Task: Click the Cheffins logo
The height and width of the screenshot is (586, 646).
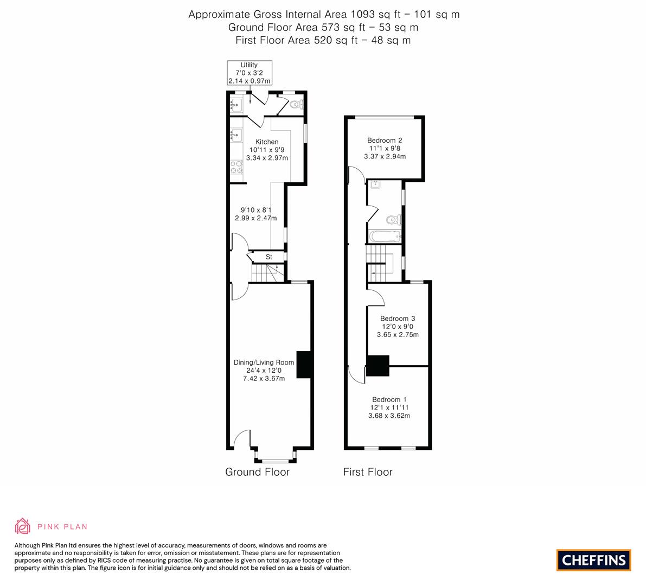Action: [x=593, y=560]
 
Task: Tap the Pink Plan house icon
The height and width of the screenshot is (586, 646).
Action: [x=23, y=526]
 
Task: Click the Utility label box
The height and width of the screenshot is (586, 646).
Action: [x=249, y=73]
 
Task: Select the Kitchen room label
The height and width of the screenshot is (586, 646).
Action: [x=266, y=142]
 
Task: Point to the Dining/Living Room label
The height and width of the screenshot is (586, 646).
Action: [x=264, y=362]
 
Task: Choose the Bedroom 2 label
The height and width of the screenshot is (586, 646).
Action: [x=385, y=140]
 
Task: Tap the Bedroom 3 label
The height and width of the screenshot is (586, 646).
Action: [x=398, y=319]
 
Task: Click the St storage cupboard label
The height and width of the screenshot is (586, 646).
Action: [x=268, y=257]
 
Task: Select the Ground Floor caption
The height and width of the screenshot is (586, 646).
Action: [x=257, y=472]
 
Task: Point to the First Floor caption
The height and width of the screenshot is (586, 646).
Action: [x=368, y=472]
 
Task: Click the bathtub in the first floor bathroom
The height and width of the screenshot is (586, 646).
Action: [x=384, y=237]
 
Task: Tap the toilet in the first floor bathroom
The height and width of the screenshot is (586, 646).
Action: [x=393, y=220]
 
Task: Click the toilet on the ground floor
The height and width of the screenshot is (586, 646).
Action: [x=296, y=105]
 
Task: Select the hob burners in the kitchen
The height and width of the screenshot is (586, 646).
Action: [x=236, y=167]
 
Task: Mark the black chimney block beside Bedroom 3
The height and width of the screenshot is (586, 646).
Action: [x=378, y=366]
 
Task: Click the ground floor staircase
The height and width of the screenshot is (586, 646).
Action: [x=265, y=273]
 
